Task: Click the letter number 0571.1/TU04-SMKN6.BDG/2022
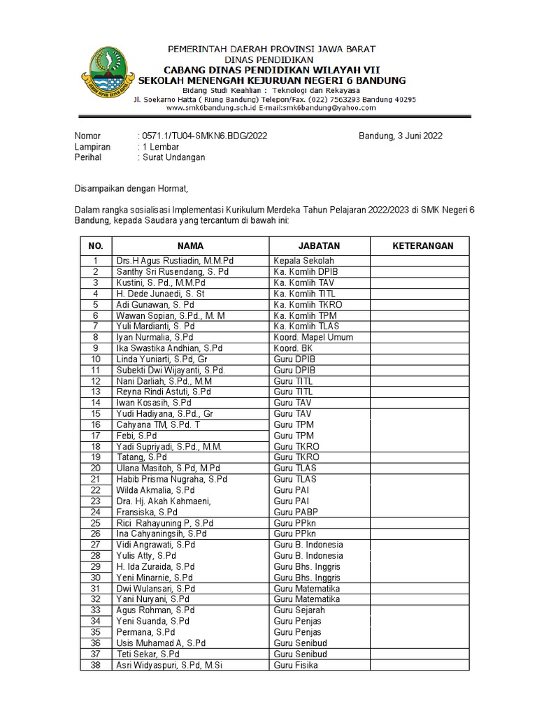click(203, 136)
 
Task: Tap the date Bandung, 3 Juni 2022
click(401, 136)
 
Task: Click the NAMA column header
click(190, 246)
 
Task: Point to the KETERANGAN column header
click(422, 246)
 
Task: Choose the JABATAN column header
click(319, 246)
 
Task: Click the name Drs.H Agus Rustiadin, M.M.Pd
click(175, 261)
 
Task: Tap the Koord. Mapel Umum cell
click(313, 337)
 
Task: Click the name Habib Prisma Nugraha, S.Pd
click(172, 479)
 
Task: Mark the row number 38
click(96, 665)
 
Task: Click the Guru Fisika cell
click(296, 665)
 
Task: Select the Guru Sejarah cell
click(299, 610)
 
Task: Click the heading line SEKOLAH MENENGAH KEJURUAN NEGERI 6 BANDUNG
click(272, 81)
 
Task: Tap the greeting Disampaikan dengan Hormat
click(132, 188)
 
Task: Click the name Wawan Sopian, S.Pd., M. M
click(171, 315)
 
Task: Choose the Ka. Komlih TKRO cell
click(306, 305)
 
